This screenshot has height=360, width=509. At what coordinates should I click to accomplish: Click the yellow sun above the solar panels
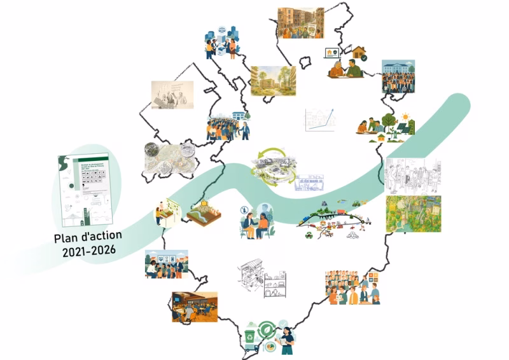tap(403, 117)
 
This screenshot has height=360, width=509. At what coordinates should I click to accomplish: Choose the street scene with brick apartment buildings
tap(301, 23)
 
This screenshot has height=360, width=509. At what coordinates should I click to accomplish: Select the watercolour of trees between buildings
tap(273, 81)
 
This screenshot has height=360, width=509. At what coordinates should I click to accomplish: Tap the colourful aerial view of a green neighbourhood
tap(413, 214)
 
